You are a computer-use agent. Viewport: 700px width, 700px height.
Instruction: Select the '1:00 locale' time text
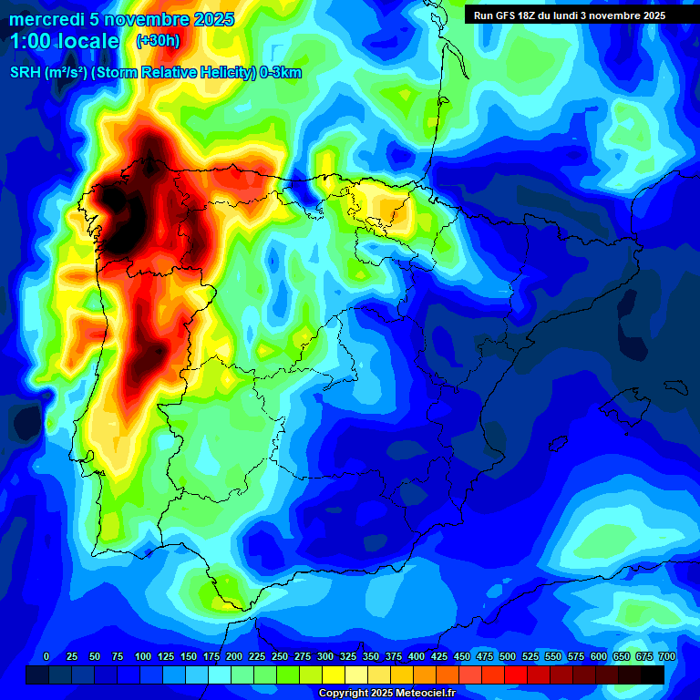coord(65,41)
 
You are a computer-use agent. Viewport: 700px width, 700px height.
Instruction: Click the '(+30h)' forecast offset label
coord(158,41)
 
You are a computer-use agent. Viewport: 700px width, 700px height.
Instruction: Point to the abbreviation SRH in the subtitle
coord(25,73)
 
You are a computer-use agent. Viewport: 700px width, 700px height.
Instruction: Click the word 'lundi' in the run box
coord(577,15)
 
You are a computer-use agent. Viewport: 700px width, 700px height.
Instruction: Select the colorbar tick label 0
coord(46,656)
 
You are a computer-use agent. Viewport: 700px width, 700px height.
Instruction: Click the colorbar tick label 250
coord(280,656)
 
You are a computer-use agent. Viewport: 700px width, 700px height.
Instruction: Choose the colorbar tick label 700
coord(667,656)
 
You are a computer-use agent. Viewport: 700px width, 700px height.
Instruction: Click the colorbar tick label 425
coord(439,656)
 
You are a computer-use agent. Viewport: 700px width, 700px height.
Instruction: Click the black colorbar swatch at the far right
coord(653,674)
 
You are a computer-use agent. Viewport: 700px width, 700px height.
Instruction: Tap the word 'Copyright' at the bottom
coord(343,694)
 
